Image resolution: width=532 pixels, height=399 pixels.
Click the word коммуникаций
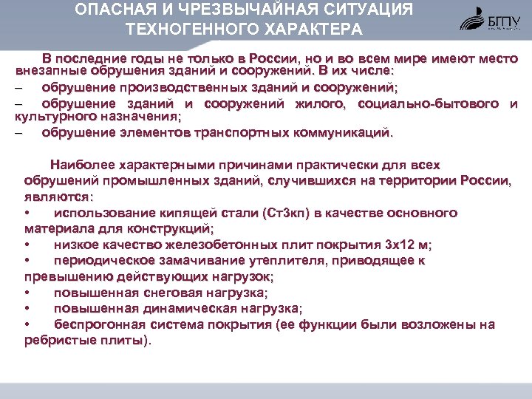343,132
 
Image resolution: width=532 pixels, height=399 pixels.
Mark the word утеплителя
290,261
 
